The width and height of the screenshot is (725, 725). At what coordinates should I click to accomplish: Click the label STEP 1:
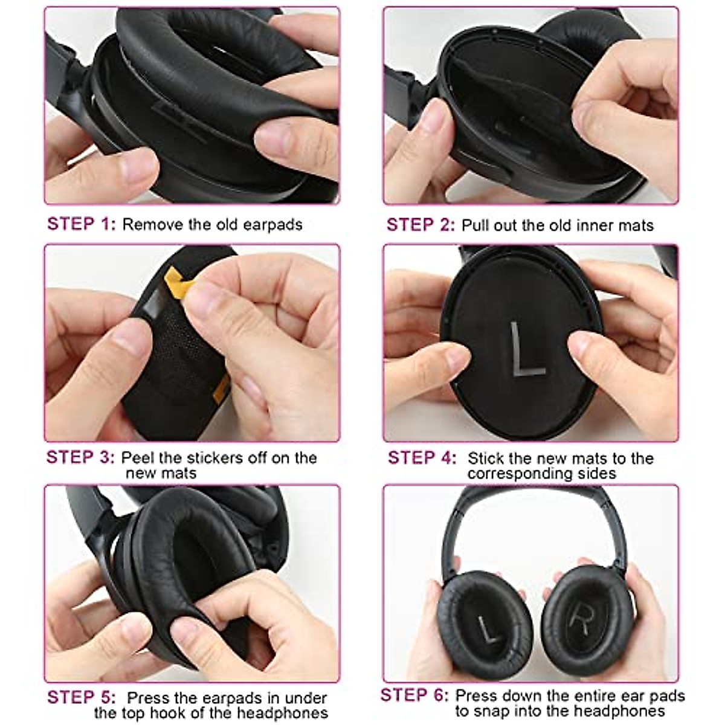[x=81, y=224]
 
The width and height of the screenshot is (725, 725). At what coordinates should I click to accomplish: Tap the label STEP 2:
[x=420, y=225]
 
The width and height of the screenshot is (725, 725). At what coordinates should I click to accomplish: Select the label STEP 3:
[x=80, y=457]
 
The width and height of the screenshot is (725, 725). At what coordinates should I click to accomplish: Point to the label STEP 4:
[x=422, y=458]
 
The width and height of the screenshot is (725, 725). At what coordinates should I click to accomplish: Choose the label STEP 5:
[x=81, y=697]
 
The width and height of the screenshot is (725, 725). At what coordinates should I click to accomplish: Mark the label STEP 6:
[x=414, y=695]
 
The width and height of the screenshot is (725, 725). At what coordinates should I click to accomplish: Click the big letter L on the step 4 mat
[x=524, y=350]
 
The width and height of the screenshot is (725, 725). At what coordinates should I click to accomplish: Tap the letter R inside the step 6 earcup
[x=581, y=616]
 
